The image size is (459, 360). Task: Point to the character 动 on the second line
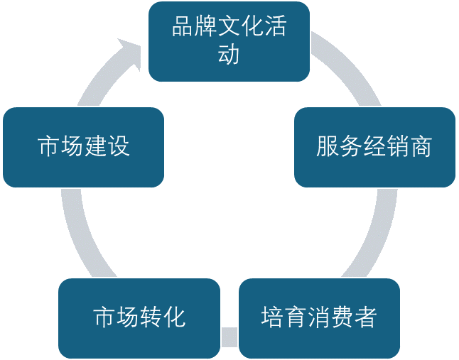pos(229,54)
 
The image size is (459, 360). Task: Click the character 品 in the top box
pos(183,28)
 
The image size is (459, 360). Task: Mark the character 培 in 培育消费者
pos(272,317)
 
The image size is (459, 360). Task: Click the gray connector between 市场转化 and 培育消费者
pos(229,336)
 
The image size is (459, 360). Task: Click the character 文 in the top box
pos(229,28)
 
